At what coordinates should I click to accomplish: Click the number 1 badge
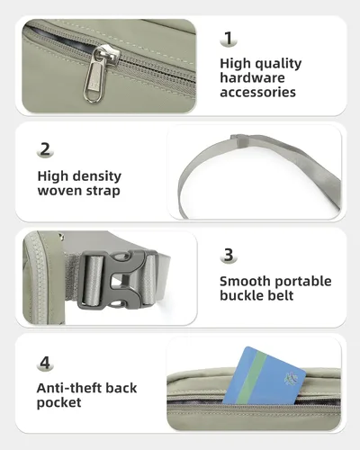click(x=229, y=39)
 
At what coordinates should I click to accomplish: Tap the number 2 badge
click(x=45, y=149)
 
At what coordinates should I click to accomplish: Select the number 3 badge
click(x=229, y=255)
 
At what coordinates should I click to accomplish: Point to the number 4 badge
click(x=45, y=364)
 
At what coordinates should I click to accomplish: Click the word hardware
click(x=252, y=78)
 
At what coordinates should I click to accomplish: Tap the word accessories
click(x=258, y=93)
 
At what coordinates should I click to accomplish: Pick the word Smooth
click(x=245, y=282)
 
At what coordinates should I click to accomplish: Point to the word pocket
click(x=58, y=403)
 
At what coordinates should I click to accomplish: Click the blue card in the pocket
click(x=264, y=377)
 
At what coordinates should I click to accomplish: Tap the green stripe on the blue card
click(x=251, y=377)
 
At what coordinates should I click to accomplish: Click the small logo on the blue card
click(x=291, y=379)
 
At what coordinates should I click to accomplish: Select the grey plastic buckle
click(x=118, y=280)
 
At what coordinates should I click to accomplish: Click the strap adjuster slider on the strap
click(x=239, y=140)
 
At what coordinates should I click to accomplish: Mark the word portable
click(x=303, y=282)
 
